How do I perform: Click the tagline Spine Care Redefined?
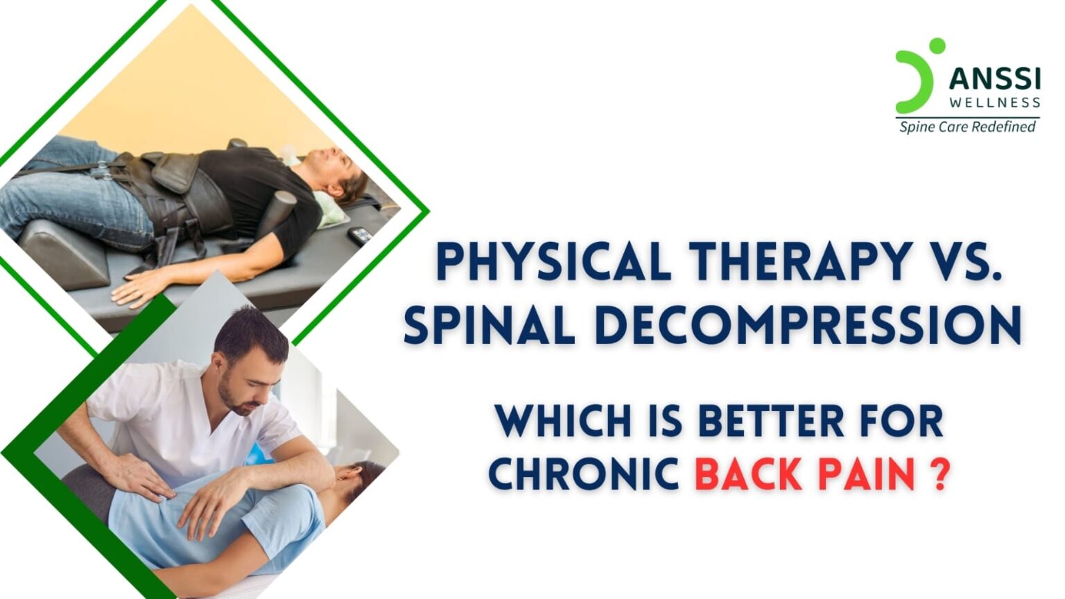(967, 127)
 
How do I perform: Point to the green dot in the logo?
(937, 46)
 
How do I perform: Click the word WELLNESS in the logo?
(994, 103)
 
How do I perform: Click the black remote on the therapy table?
(360, 236)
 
